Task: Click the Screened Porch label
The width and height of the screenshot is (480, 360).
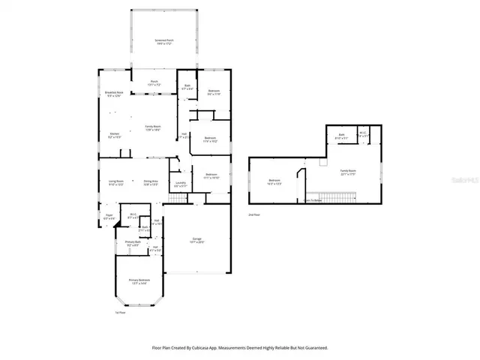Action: pyautogui.click(x=164, y=40)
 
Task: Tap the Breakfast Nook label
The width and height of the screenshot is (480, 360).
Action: pyautogui.click(x=114, y=93)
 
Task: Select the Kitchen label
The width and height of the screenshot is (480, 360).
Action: pyautogui.click(x=114, y=136)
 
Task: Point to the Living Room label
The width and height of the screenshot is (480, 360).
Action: pyautogui.click(x=115, y=182)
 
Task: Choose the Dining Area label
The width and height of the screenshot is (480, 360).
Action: pyautogui.click(x=151, y=182)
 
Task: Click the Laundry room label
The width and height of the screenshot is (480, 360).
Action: pyautogui.click(x=180, y=184)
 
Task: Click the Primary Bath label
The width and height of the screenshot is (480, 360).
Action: pyautogui.click(x=133, y=243)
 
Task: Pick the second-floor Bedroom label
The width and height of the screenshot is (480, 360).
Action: pyautogui.click(x=274, y=181)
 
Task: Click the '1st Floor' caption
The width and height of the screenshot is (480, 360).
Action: pyautogui.click(x=119, y=313)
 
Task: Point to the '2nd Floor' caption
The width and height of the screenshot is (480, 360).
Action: pyautogui.click(x=255, y=214)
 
